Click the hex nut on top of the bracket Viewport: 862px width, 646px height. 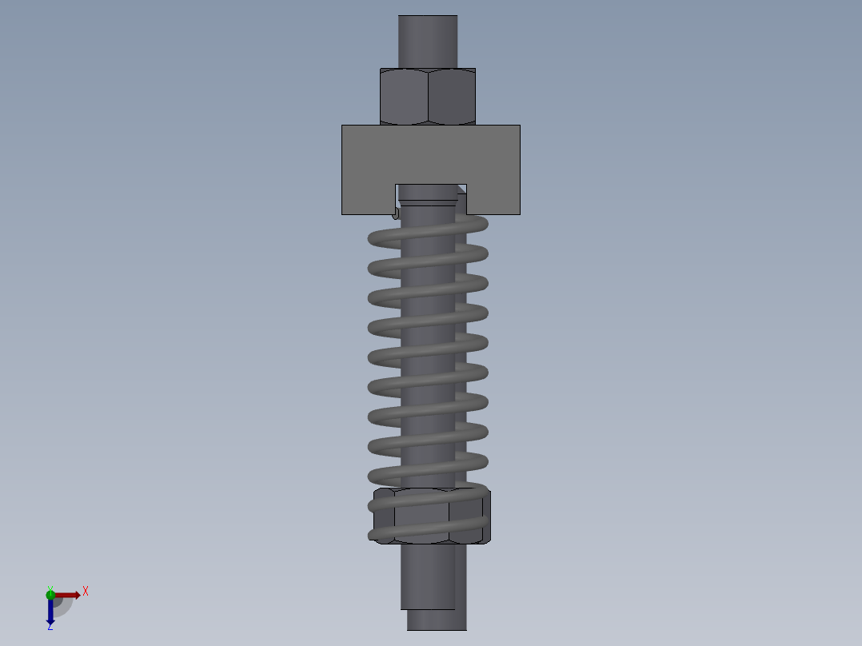tap(428, 96)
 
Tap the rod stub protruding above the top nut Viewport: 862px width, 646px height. tap(428, 40)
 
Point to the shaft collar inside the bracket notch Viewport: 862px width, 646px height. tap(428, 193)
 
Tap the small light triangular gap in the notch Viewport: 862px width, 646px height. tap(461, 189)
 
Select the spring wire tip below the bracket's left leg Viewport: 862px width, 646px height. tap(396, 213)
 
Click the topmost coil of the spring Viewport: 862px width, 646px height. tap(428, 231)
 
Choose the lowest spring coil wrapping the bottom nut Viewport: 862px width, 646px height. tap(428, 534)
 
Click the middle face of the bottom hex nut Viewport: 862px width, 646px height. tap(421, 516)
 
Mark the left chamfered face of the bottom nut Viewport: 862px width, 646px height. tap(384, 516)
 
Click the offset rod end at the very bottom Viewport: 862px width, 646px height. tap(436, 620)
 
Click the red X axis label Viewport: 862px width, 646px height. tap(86, 591)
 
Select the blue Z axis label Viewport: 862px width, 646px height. tap(50, 627)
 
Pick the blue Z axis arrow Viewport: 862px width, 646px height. tap(50, 612)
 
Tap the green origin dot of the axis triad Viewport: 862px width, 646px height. tap(50, 594)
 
